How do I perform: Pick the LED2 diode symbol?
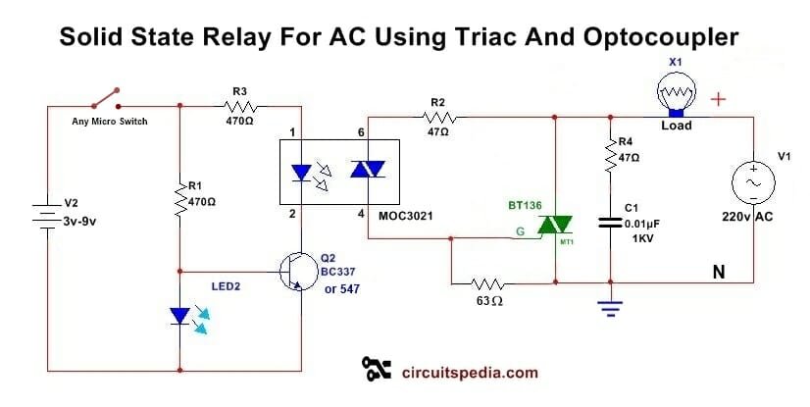[x=181, y=316]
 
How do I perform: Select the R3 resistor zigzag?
[x=239, y=106]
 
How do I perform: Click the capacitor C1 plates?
[x=609, y=225]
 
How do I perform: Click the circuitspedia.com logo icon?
[x=377, y=369]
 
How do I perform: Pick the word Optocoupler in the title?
[x=672, y=38]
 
